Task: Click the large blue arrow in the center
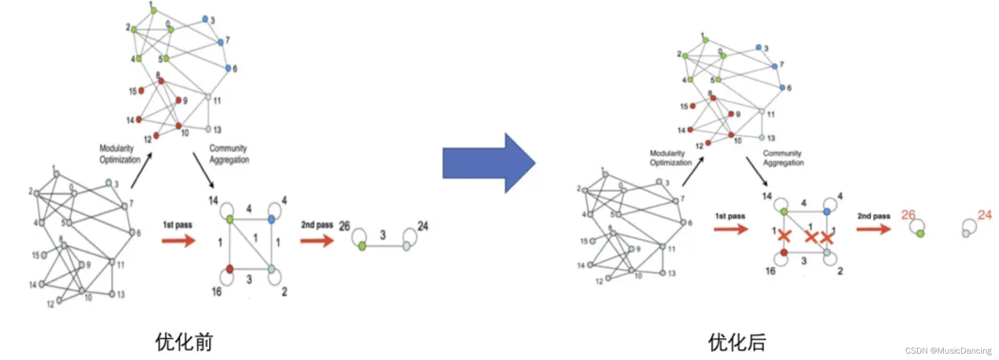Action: tap(488, 163)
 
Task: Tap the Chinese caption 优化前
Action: tap(184, 341)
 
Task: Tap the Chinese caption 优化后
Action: tap(737, 342)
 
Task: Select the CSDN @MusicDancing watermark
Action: tap(948, 351)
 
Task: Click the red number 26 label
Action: tap(908, 214)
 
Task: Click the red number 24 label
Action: tap(984, 214)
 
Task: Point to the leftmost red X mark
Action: tap(784, 236)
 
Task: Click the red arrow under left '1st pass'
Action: tap(179, 240)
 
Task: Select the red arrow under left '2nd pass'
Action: tap(317, 240)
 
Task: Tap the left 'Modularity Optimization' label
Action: tap(120, 154)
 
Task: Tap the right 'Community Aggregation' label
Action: tap(783, 157)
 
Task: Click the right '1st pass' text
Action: tap(730, 216)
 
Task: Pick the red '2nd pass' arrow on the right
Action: tap(873, 229)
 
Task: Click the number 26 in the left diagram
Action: tap(344, 226)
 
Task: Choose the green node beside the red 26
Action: tap(920, 234)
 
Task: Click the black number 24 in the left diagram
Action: tap(423, 226)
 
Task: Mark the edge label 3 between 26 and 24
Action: tap(383, 235)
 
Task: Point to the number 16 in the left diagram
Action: tap(216, 292)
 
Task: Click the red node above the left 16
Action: tap(230, 269)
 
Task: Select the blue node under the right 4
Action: tap(827, 211)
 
